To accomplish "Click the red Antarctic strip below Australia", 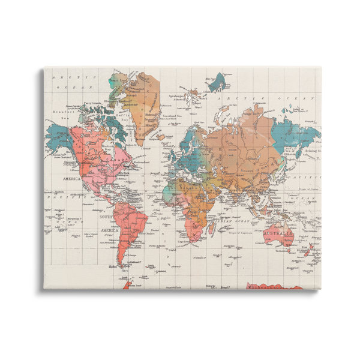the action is coord(282,286).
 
